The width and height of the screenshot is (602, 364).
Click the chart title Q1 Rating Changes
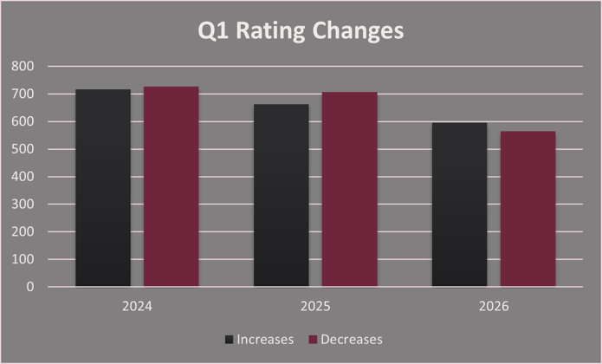(301, 31)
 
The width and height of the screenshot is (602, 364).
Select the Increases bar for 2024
(103, 188)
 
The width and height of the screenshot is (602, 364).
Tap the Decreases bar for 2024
(172, 186)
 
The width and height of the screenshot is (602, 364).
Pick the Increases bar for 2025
(282, 195)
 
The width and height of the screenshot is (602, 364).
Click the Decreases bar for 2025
(350, 189)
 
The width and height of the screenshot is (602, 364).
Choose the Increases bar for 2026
(460, 205)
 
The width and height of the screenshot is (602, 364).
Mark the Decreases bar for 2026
(528, 209)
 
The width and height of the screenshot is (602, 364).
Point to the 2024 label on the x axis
(137, 306)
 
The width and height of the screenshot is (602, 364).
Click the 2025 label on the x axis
(315, 306)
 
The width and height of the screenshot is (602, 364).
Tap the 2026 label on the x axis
(494, 306)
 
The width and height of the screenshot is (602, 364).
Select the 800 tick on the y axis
(24, 67)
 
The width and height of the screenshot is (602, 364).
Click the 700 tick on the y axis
(24, 94)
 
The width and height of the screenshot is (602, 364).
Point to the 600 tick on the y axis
(24, 121)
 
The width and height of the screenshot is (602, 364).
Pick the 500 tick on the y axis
(24, 149)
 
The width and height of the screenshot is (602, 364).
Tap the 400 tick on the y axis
(24, 177)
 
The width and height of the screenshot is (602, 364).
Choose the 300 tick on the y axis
(24, 205)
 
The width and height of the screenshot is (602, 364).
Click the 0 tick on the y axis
(30, 287)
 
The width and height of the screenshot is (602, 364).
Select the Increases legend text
(265, 339)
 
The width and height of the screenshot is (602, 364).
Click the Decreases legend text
(352, 339)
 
